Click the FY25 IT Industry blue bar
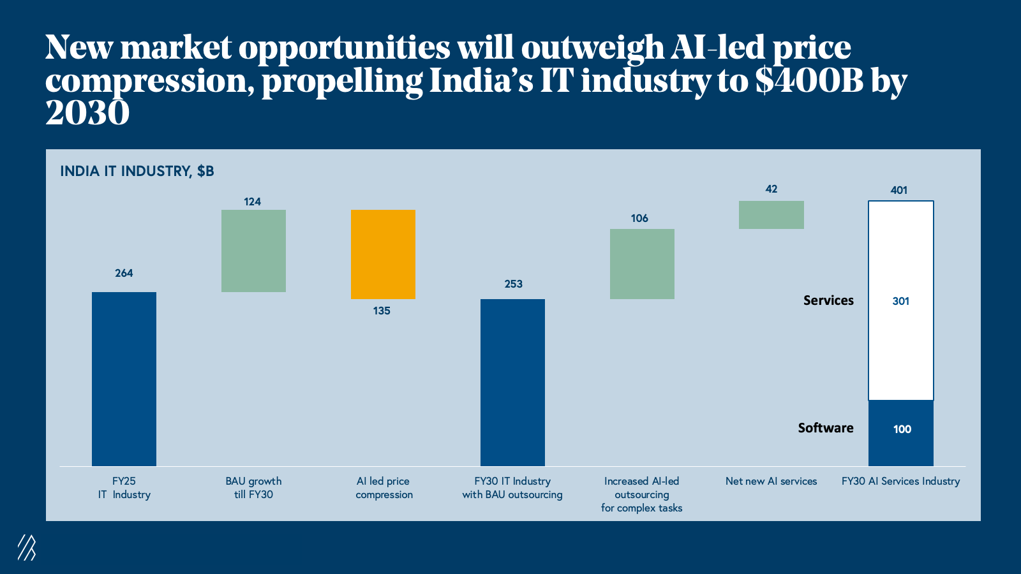click(x=124, y=379)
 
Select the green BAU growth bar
click(x=253, y=251)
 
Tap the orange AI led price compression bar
click(x=383, y=254)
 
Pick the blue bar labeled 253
click(x=512, y=382)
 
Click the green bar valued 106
click(x=642, y=263)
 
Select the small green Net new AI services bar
click(x=771, y=215)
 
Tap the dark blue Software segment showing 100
click(x=900, y=433)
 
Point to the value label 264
click(x=124, y=273)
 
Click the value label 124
click(x=252, y=202)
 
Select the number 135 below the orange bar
click(x=382, y=311)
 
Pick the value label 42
click(x=771, y=189)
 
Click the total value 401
click(x=898, y=190)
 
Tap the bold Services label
click(x=828, y=300)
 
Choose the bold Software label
click(x=825, y=428)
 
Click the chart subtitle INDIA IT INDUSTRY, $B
click(x=137, y=171)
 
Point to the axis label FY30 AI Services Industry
click(x=900, y=481)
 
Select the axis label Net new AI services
click(x=771, y=481)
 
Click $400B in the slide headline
click(x=809, y=81)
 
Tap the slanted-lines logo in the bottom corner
click(x=26, y=547)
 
